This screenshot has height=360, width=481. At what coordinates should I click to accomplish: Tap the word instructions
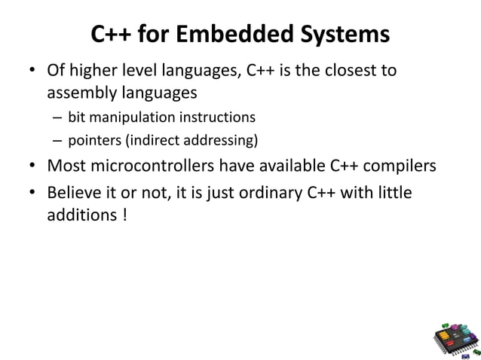point(217,117)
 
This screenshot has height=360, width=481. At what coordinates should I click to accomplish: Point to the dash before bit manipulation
point(57,118)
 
